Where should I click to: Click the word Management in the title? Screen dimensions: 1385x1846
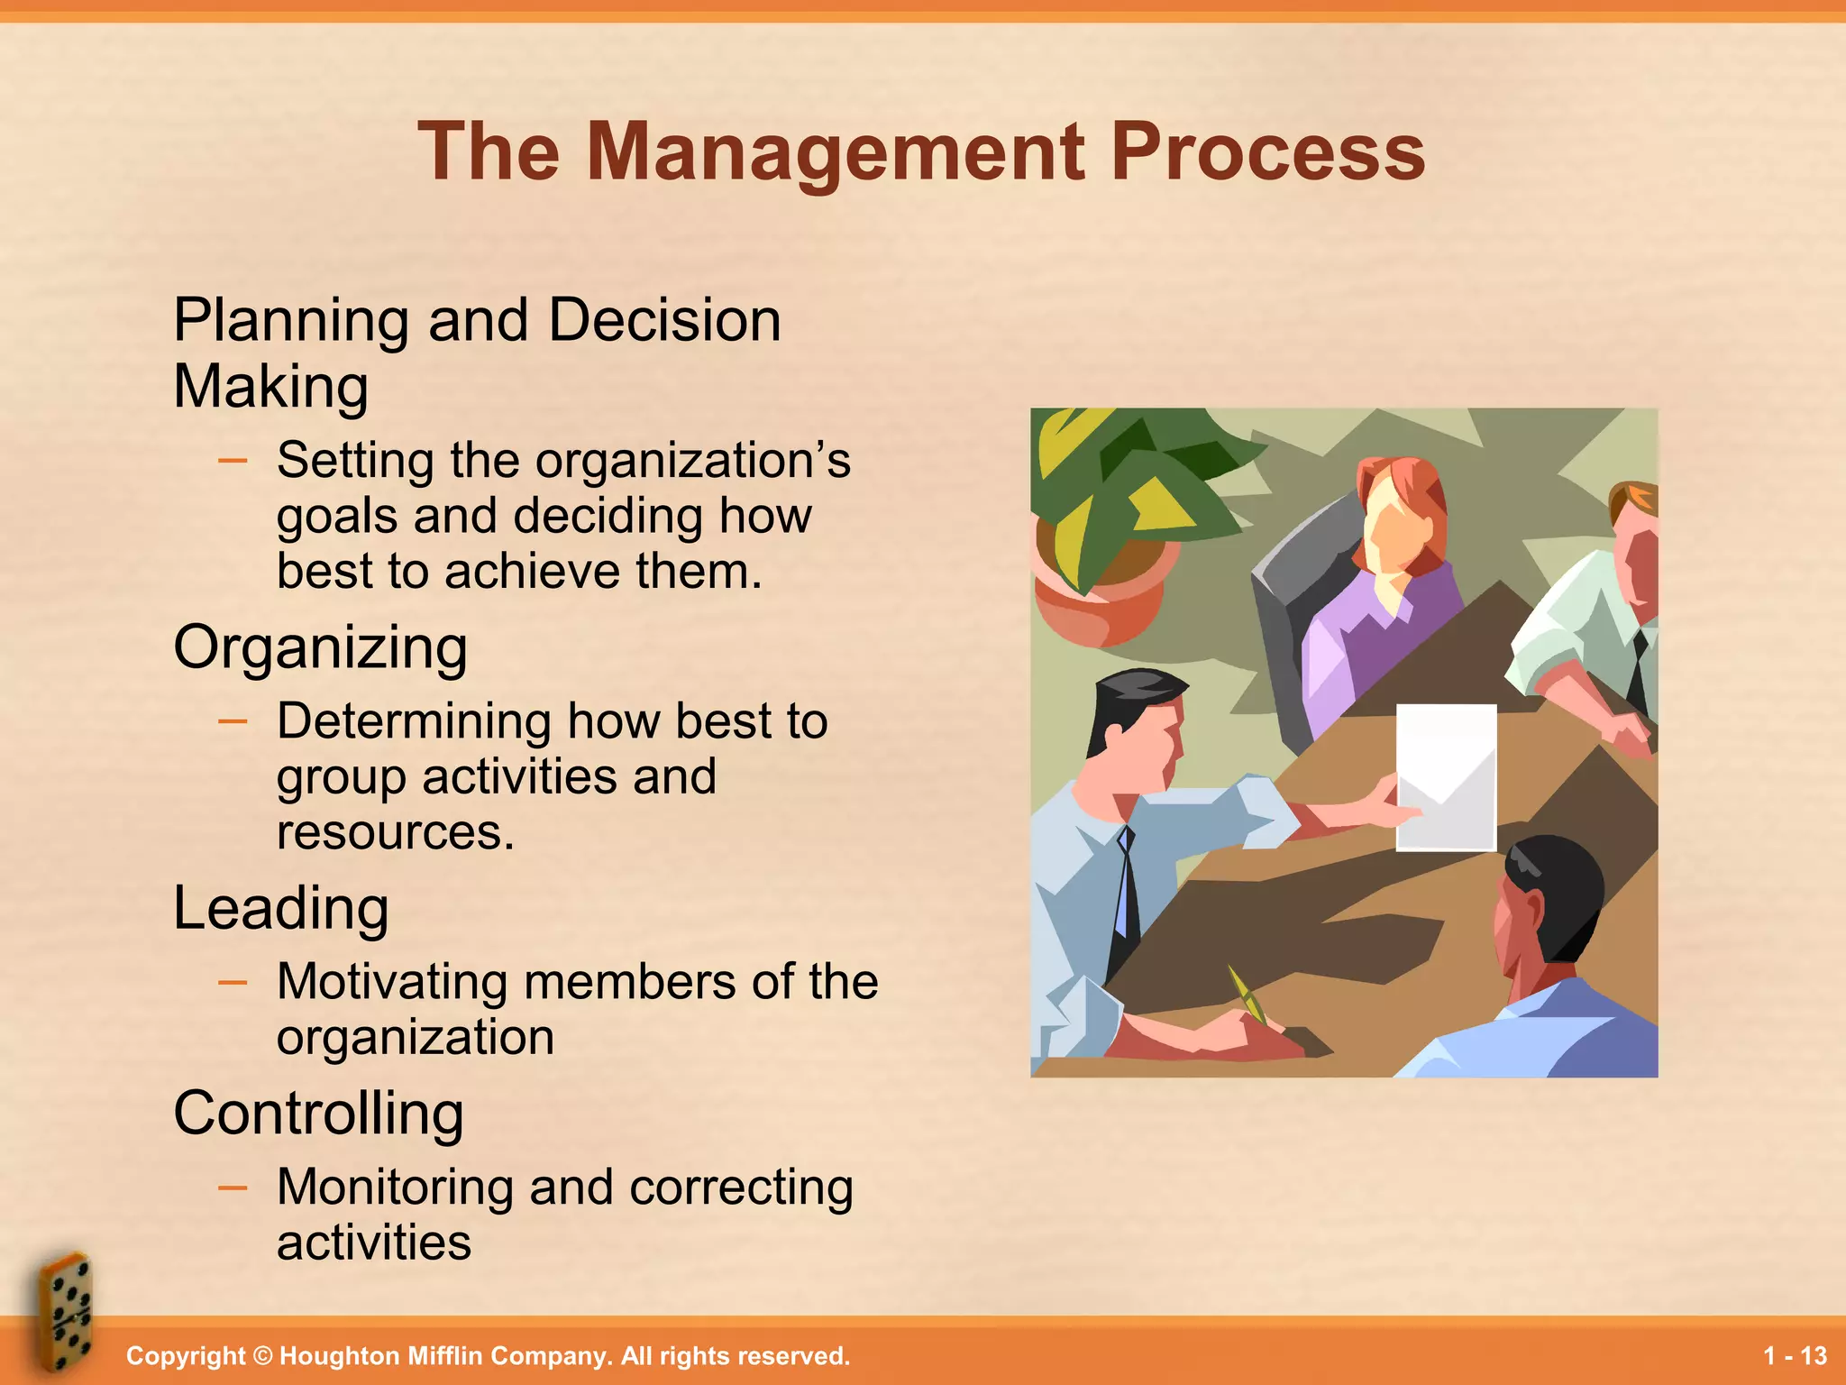(x=836, y=153)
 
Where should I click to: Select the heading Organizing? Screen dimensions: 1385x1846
(x=320, y=647)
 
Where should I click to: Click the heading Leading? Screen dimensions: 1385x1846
(x=281, y=908)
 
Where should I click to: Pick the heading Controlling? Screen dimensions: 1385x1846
(x=318, y=1114)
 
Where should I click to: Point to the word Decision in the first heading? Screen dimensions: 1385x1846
(x=664, y=320)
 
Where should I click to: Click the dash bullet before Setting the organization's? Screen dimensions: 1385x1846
(x=233, y=461)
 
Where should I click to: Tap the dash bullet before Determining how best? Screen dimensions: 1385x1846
(x=233, y=721)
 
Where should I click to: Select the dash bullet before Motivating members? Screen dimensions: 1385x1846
(x=233, y=982)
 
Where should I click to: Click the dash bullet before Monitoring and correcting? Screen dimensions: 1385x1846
(x=233, y=1188)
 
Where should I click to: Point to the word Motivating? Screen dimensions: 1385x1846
(x=392, y=982)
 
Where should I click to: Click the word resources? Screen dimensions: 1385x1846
(x=395, y=831)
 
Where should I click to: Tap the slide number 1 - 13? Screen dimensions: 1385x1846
(x=1795, y=1356)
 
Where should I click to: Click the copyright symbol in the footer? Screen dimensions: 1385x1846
(x=262, y=1356)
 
